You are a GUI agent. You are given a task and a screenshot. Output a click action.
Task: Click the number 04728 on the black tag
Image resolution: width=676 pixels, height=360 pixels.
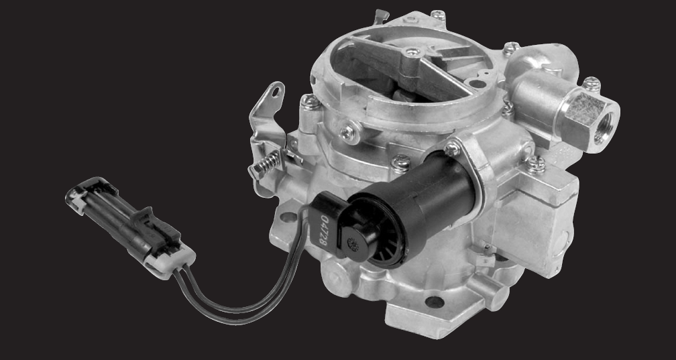click(x=325, y=230)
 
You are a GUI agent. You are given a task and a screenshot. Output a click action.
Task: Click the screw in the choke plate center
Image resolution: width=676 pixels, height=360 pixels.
click(x=412, y=52)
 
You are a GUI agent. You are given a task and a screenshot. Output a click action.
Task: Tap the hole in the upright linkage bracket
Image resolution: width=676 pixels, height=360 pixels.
click(x=275, y=92)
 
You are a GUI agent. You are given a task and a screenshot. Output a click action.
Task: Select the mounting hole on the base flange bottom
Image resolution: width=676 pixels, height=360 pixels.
click(x=435, y=302)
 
